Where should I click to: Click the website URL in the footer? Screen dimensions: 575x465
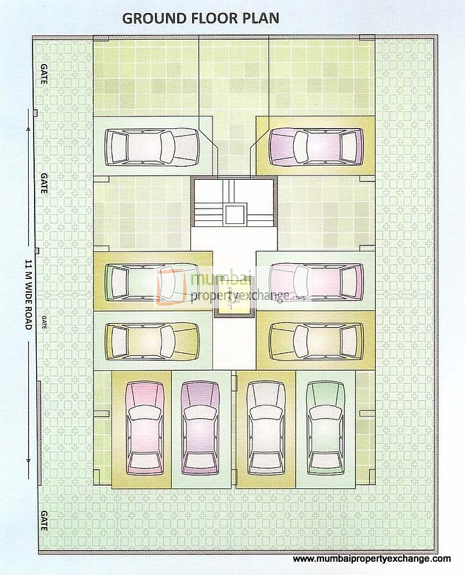pos(371,559)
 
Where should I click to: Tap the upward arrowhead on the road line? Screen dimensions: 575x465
pos(28,117)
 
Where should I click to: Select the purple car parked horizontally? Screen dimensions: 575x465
pos(316,147)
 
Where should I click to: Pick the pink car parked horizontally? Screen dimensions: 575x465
pos(316,281)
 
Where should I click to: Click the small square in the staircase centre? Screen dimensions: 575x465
pos(234,214)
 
